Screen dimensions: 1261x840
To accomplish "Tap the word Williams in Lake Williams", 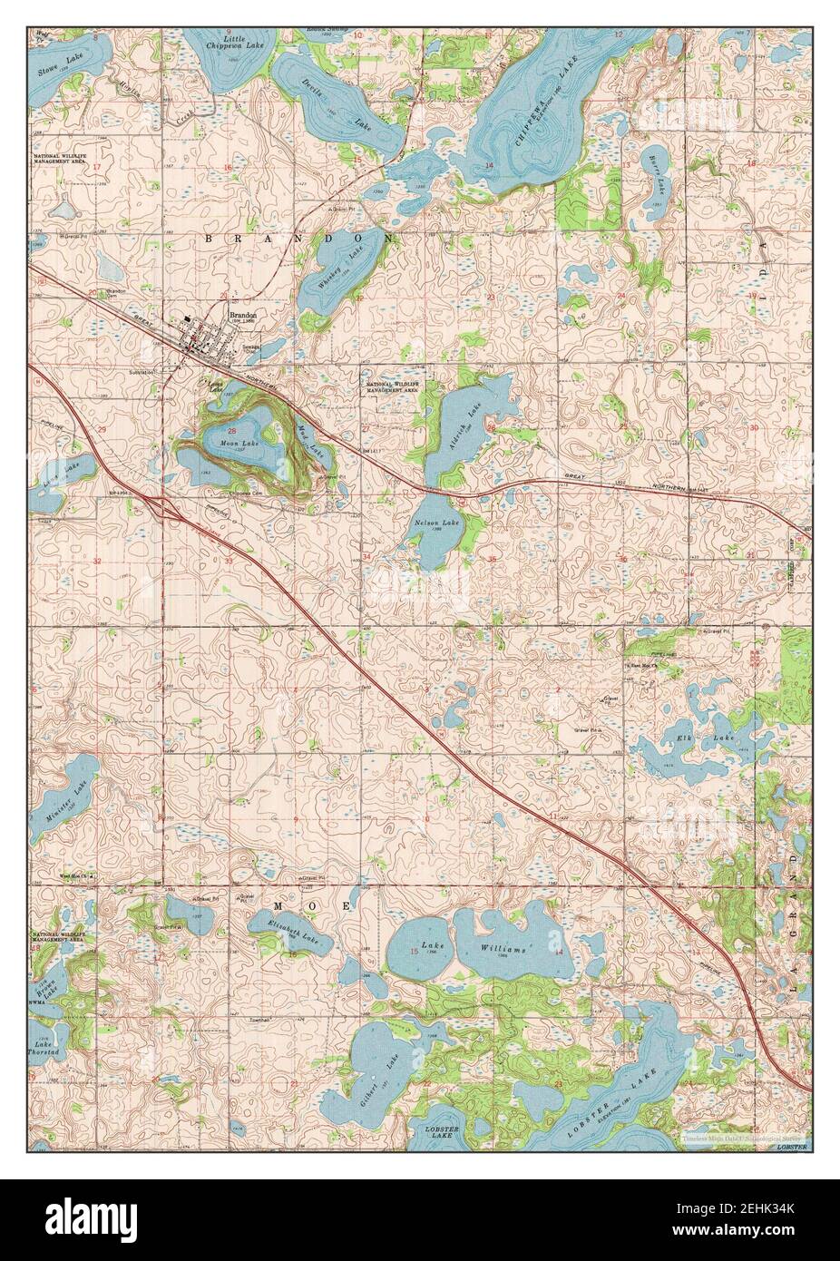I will click(x=503, y=950).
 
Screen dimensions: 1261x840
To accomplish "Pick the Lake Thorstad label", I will click(x=44, y=1052).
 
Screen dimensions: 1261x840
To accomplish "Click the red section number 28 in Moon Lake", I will click(x=232, y=431).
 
